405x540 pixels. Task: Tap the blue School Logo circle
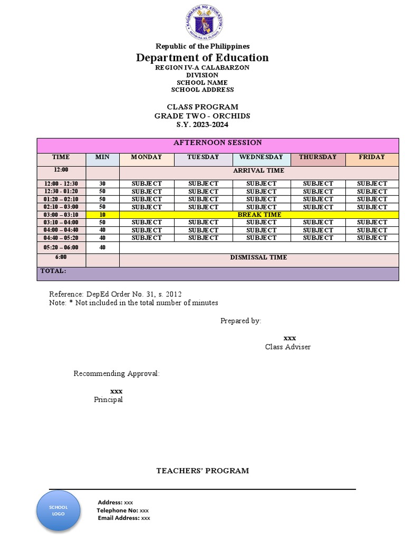(58, 510)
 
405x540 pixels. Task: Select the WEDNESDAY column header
(261, 157)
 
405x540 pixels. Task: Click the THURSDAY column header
(317, 157)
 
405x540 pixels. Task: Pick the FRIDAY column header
(372, 157)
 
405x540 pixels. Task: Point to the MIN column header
(102, 157)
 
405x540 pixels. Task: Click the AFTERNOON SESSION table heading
(218, 143)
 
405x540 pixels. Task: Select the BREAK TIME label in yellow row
(259, 215)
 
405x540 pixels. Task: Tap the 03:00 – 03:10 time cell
(61, 215)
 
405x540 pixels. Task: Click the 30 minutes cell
(102, 184)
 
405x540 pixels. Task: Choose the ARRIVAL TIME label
(258, 171)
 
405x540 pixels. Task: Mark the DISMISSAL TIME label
(258, 257)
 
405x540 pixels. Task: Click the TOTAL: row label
(53, 271)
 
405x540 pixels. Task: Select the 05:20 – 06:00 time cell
(61, 247)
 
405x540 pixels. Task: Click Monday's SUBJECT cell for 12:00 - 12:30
(147, 184)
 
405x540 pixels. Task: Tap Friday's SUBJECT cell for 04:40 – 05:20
(372, 238)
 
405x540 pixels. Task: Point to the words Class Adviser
(288, 347)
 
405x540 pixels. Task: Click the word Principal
(108, 400)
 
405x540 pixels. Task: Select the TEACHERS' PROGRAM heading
(202, 471)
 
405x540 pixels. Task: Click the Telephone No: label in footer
(117, 510)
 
